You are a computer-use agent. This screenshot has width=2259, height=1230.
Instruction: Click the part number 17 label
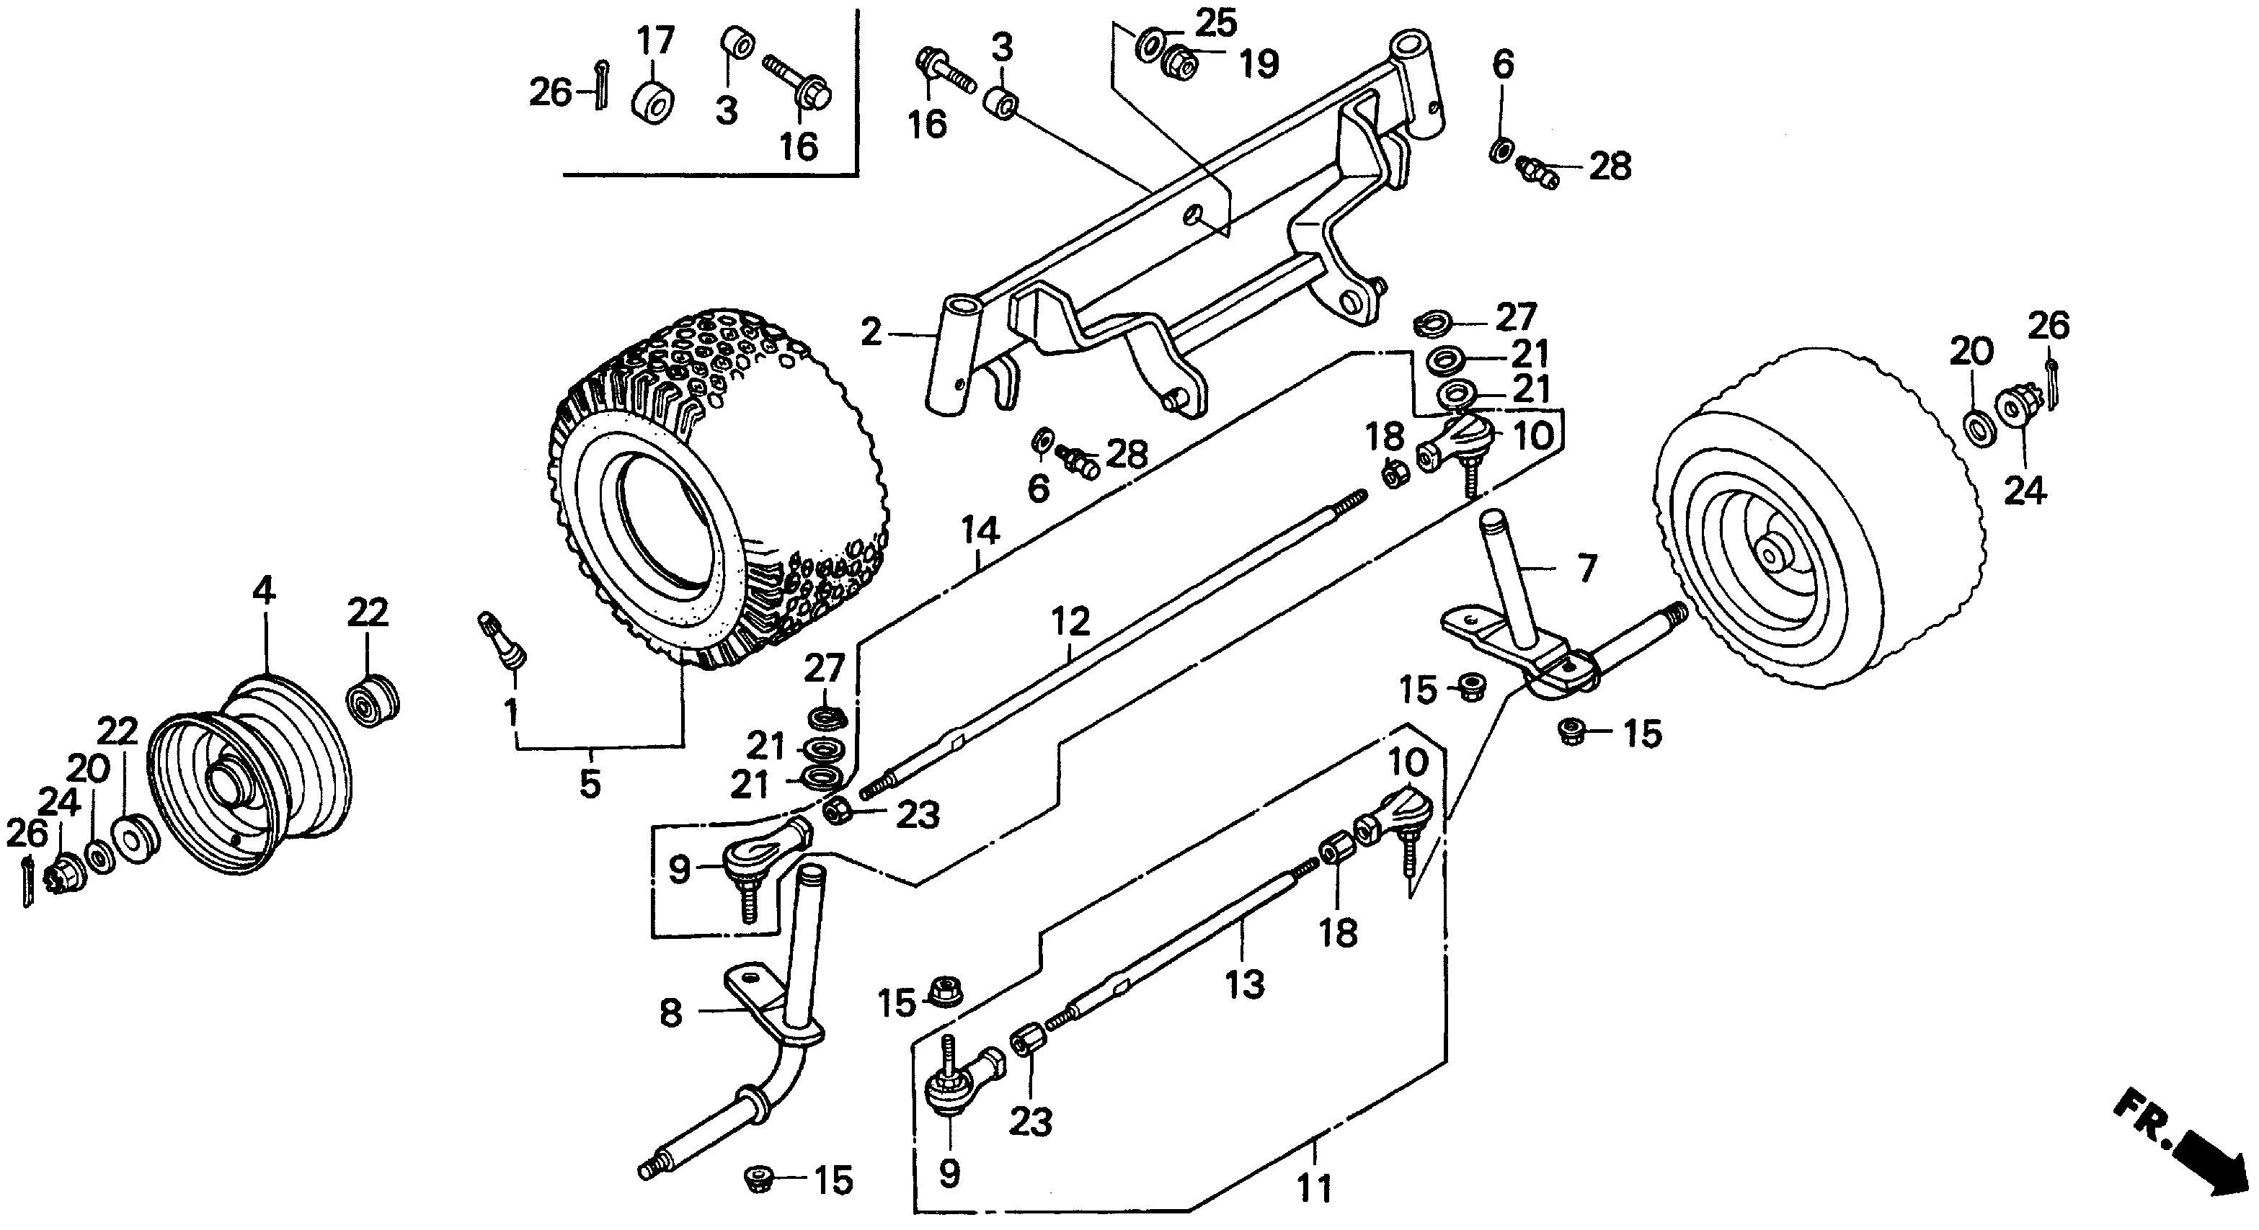pos(655,41)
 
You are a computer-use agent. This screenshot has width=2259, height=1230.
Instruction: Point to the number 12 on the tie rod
pos(1070,620)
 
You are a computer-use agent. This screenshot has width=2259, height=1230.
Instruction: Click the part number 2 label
pos(870,333)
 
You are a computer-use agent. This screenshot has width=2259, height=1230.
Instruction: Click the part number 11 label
pos(1315,1189)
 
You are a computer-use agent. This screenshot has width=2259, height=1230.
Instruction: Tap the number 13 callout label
pos(1246,983)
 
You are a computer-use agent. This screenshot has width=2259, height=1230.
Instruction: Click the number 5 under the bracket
pos(590,783)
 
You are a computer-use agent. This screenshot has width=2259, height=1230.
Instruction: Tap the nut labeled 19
pos(1181,60)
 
